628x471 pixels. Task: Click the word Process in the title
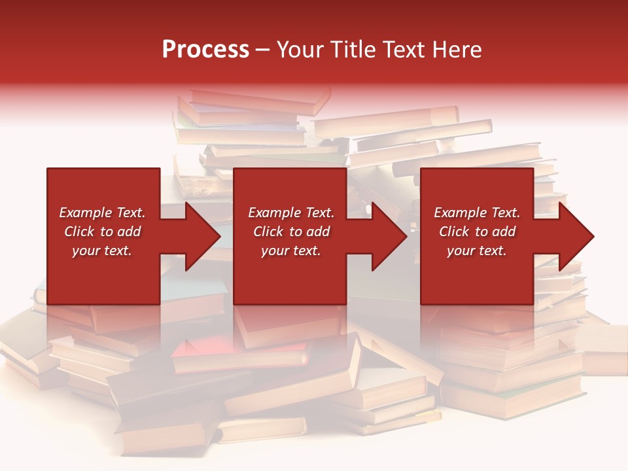click(x=205, y=50)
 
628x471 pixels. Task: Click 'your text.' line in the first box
click(x=102, y=251)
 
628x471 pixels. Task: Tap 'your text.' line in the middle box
click(x=291, y=251)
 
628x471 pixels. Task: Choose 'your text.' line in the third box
click(x=477, y=251)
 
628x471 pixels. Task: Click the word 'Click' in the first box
click(x=80, y=232)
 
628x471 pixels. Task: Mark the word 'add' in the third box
click(x=503, y=232)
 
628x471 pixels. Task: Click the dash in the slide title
click(x=263, y=50)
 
